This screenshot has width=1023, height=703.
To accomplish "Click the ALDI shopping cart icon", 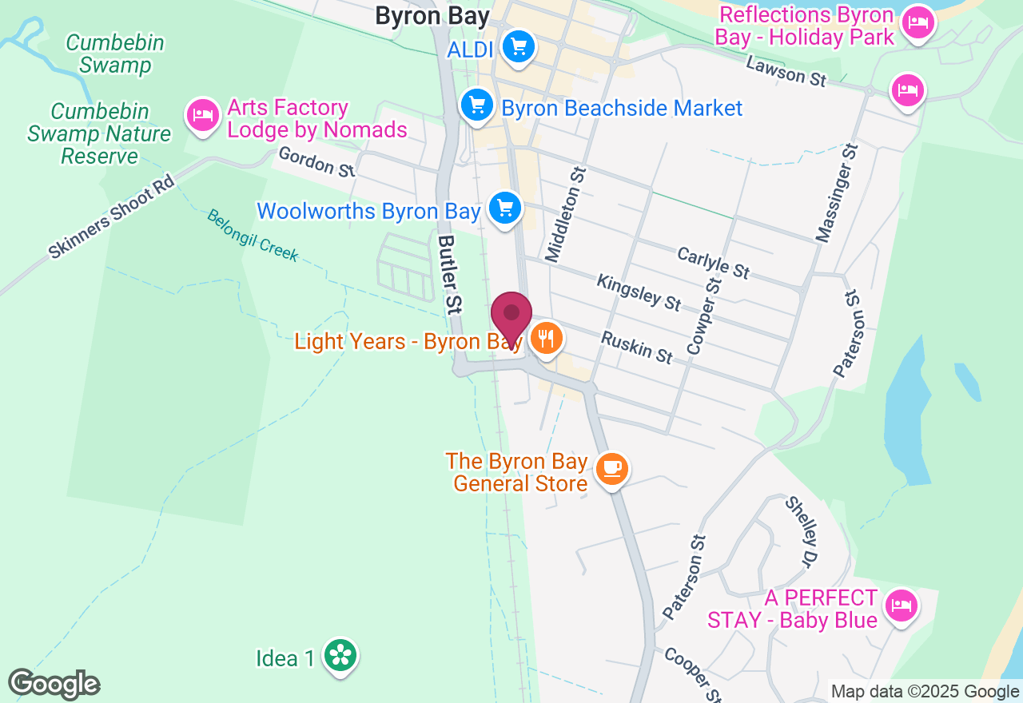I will click(x=519, y=46).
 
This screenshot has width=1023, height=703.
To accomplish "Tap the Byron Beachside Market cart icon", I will click(x=477, y=105).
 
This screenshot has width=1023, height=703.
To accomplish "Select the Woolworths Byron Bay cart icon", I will click(x=504, y=208).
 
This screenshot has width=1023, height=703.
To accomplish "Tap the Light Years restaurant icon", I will click(x=546, y=338).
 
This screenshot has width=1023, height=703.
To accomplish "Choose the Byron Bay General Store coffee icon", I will click(x=612, y=469).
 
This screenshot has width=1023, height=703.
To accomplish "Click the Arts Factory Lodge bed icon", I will click(x=202, y=116).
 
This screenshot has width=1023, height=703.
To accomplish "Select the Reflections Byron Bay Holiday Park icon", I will click(x=918, y=23).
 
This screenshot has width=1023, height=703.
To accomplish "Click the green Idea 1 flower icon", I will click(x=340, y=656).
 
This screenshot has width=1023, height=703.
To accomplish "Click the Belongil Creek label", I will click(x=253, y=236).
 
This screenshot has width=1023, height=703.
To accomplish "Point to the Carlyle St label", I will click(x=713, y=263).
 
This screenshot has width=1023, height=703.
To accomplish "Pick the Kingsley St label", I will click(x=639, y=292).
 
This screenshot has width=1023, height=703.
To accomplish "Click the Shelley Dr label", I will click(x=802, y=529).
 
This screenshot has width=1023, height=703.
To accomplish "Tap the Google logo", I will click(x=54, y=684).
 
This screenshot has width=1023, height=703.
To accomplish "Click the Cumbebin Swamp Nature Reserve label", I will click(x=99, y=133).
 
